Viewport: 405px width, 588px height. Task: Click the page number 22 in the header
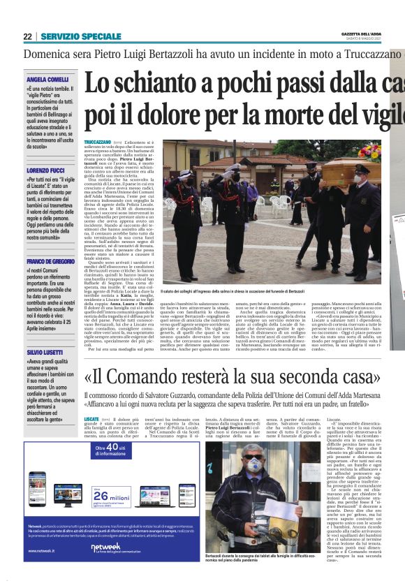click(27, 36)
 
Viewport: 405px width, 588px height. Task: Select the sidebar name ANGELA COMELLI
click(48, 80)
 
